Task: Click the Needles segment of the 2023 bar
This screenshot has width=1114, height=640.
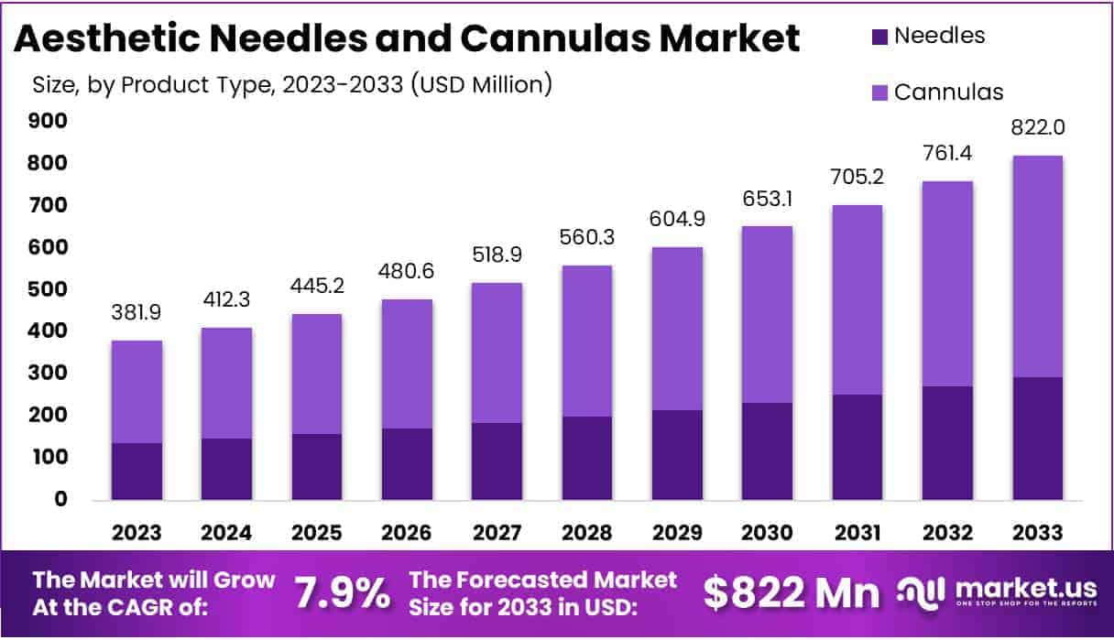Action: click(137, 472)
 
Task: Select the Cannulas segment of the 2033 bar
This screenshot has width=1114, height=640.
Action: click(1037, 266)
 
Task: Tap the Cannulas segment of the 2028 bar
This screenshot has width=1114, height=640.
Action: click(586, 341)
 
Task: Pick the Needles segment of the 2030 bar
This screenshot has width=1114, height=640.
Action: click(766, 451)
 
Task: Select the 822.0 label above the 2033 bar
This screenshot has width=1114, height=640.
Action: click(1037, 127)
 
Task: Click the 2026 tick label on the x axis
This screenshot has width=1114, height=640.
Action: click(407, 533)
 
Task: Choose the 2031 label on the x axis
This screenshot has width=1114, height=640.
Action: click(857, 533)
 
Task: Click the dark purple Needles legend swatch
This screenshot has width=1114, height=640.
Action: click(878, 37)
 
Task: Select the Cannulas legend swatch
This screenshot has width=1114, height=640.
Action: click(878, 92)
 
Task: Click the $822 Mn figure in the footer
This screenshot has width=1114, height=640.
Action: click(790, 594)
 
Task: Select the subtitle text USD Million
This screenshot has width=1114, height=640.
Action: click(481, 85)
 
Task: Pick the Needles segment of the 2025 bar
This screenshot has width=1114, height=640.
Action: click(317, 467)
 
